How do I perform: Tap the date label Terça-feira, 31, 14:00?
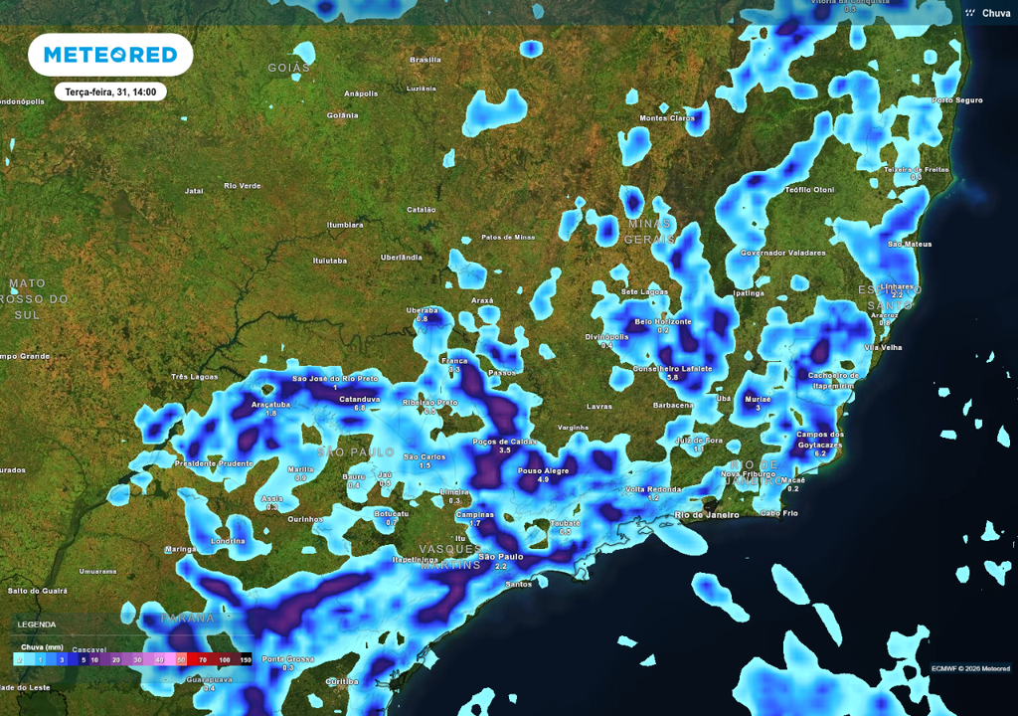click(x=109, y=91)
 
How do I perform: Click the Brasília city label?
click(x=425, y=60)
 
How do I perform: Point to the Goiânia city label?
click(x=342, y=115)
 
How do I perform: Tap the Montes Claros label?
click(x=667, y=118)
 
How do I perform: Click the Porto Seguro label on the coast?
click(x=956, y=100)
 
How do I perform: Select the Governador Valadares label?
click(x=782, y=253)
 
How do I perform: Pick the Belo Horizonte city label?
click(x=663, y=321)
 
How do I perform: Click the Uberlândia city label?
click(x=402, y=257)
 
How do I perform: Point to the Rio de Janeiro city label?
click(x=707, y=514)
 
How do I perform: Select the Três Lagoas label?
click(x=194, y=377)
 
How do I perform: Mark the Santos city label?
click(x=518, y=584)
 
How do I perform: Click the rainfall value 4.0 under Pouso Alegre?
click(x=543, y=479)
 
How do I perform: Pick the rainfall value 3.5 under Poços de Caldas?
click(x=504, y=450)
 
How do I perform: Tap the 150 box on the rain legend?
click(x=245, y=659)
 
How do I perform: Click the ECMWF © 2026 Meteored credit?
click(x=970, y=667)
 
